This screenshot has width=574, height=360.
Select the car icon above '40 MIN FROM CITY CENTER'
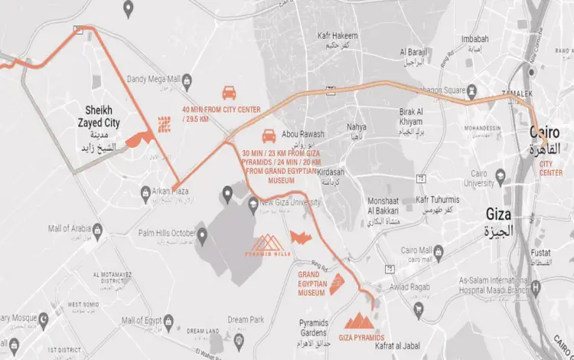tap(228, 93)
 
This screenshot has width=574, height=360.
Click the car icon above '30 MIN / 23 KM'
tap(269, 136)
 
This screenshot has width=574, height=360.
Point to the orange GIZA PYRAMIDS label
tap(357, 338)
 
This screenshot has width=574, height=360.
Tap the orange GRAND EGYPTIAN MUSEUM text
tap(312, 283)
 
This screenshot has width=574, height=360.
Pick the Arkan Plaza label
tap(170, 191)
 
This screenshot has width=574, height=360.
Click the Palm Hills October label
tap(167, 234)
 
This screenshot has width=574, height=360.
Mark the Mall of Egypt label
tap(153, 319)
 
